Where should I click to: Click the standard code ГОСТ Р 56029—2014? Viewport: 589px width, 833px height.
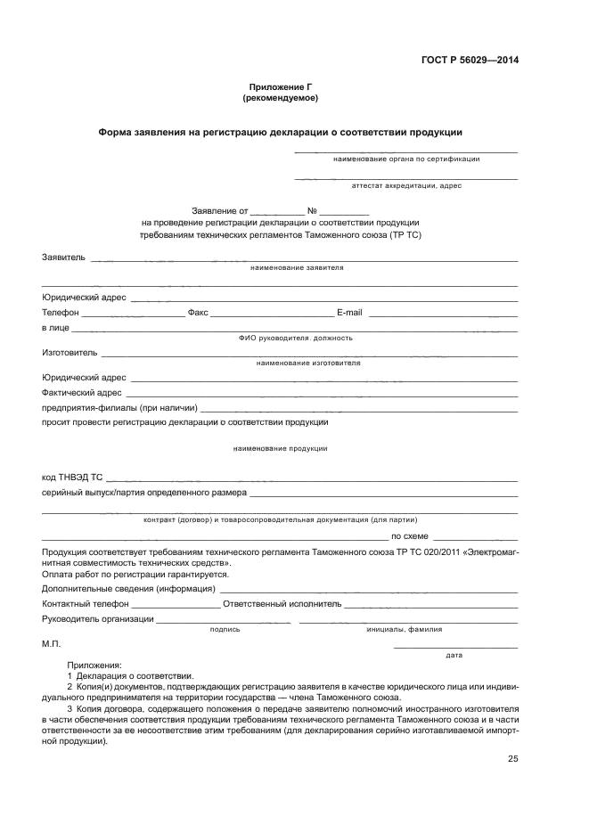pyautogui.click(x=470, y=61)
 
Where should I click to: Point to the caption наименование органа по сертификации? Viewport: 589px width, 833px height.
pyautogui.click(x=406, y=159)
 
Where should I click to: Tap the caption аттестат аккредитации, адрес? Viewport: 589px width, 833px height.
pyautogui.click(x=406, y=185)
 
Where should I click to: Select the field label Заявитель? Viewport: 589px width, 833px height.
pyautogui.click(x=63, y=257)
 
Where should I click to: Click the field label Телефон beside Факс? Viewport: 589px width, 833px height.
pyautogui.click(x=61, y=313)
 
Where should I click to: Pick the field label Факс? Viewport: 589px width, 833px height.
pyautogui.click(x=198, y=313)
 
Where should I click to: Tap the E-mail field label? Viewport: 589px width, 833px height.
pyautogui.click(x=349, y=313)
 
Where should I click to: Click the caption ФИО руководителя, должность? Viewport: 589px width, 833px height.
pyautogui.click(x=296, y=338)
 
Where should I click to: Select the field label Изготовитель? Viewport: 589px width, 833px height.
pyautogui.click(x=70, y=353)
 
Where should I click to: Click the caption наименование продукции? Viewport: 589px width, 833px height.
pyautogui.click(x=280, y=448)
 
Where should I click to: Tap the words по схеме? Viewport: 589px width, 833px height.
pyautogui.click(x=410, y=536)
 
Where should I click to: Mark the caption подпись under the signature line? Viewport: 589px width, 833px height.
pyautogui.click(x=225, y=629)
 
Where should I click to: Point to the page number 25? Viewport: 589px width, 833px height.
pyautogui.click(x=512, y=759)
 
